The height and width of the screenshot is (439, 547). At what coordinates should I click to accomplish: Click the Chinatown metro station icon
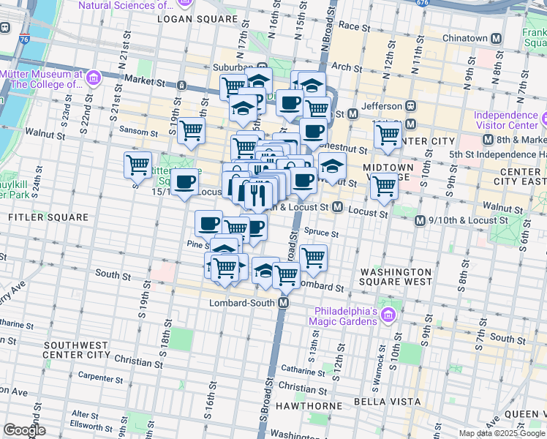(497, 39)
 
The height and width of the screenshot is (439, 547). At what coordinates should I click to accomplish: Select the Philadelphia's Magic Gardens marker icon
(388, 316)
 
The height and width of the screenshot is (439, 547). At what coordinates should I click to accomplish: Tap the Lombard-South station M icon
(284, 303)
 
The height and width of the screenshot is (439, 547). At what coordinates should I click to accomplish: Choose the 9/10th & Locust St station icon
(419, 221)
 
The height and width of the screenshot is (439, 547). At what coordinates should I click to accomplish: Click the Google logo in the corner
(24, 430)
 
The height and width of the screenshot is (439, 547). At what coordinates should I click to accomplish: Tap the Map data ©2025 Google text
(501, 433)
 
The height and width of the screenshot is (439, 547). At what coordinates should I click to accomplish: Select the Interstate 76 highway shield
(26, 40)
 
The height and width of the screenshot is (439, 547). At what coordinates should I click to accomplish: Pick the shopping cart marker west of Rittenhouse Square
(137, 165)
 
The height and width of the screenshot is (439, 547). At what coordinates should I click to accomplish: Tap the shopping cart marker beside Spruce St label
(313, 257)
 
